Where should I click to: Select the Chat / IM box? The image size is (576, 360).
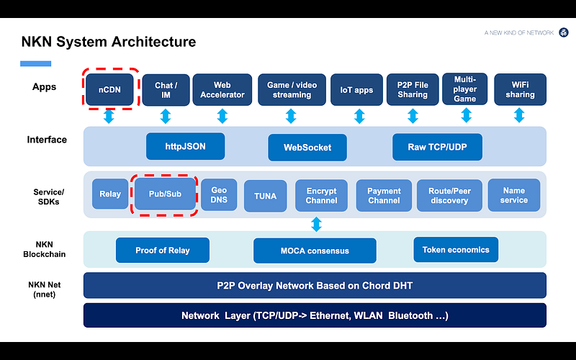pos(165,89)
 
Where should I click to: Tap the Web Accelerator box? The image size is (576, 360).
pos(222,89)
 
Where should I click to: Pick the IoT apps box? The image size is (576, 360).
pos(356,90)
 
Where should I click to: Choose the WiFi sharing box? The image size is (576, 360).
pos(520,89)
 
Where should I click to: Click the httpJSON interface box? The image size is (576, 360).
pos(185,146)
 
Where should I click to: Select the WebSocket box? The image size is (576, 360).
pos(307,147)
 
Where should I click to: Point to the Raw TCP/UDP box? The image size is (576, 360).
pos(436,146)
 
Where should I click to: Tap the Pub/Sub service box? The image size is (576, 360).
pos(165,194)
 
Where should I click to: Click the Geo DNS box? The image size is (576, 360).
pos(219,194)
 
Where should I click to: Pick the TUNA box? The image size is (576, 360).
pos(265,195)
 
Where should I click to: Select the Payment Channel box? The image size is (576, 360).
pos(384,195)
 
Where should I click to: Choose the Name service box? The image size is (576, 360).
pos(513,194)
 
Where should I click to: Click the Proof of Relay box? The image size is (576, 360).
pos(162,250)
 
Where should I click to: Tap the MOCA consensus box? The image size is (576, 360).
pos(315,251)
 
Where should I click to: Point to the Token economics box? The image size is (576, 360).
pos(456,249)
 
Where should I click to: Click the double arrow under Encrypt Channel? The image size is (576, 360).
pos(316,224)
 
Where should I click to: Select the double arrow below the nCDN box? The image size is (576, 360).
pos(109,117)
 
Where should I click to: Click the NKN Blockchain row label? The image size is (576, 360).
pos(49,249)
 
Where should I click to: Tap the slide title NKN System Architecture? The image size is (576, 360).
pos(108,42)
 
